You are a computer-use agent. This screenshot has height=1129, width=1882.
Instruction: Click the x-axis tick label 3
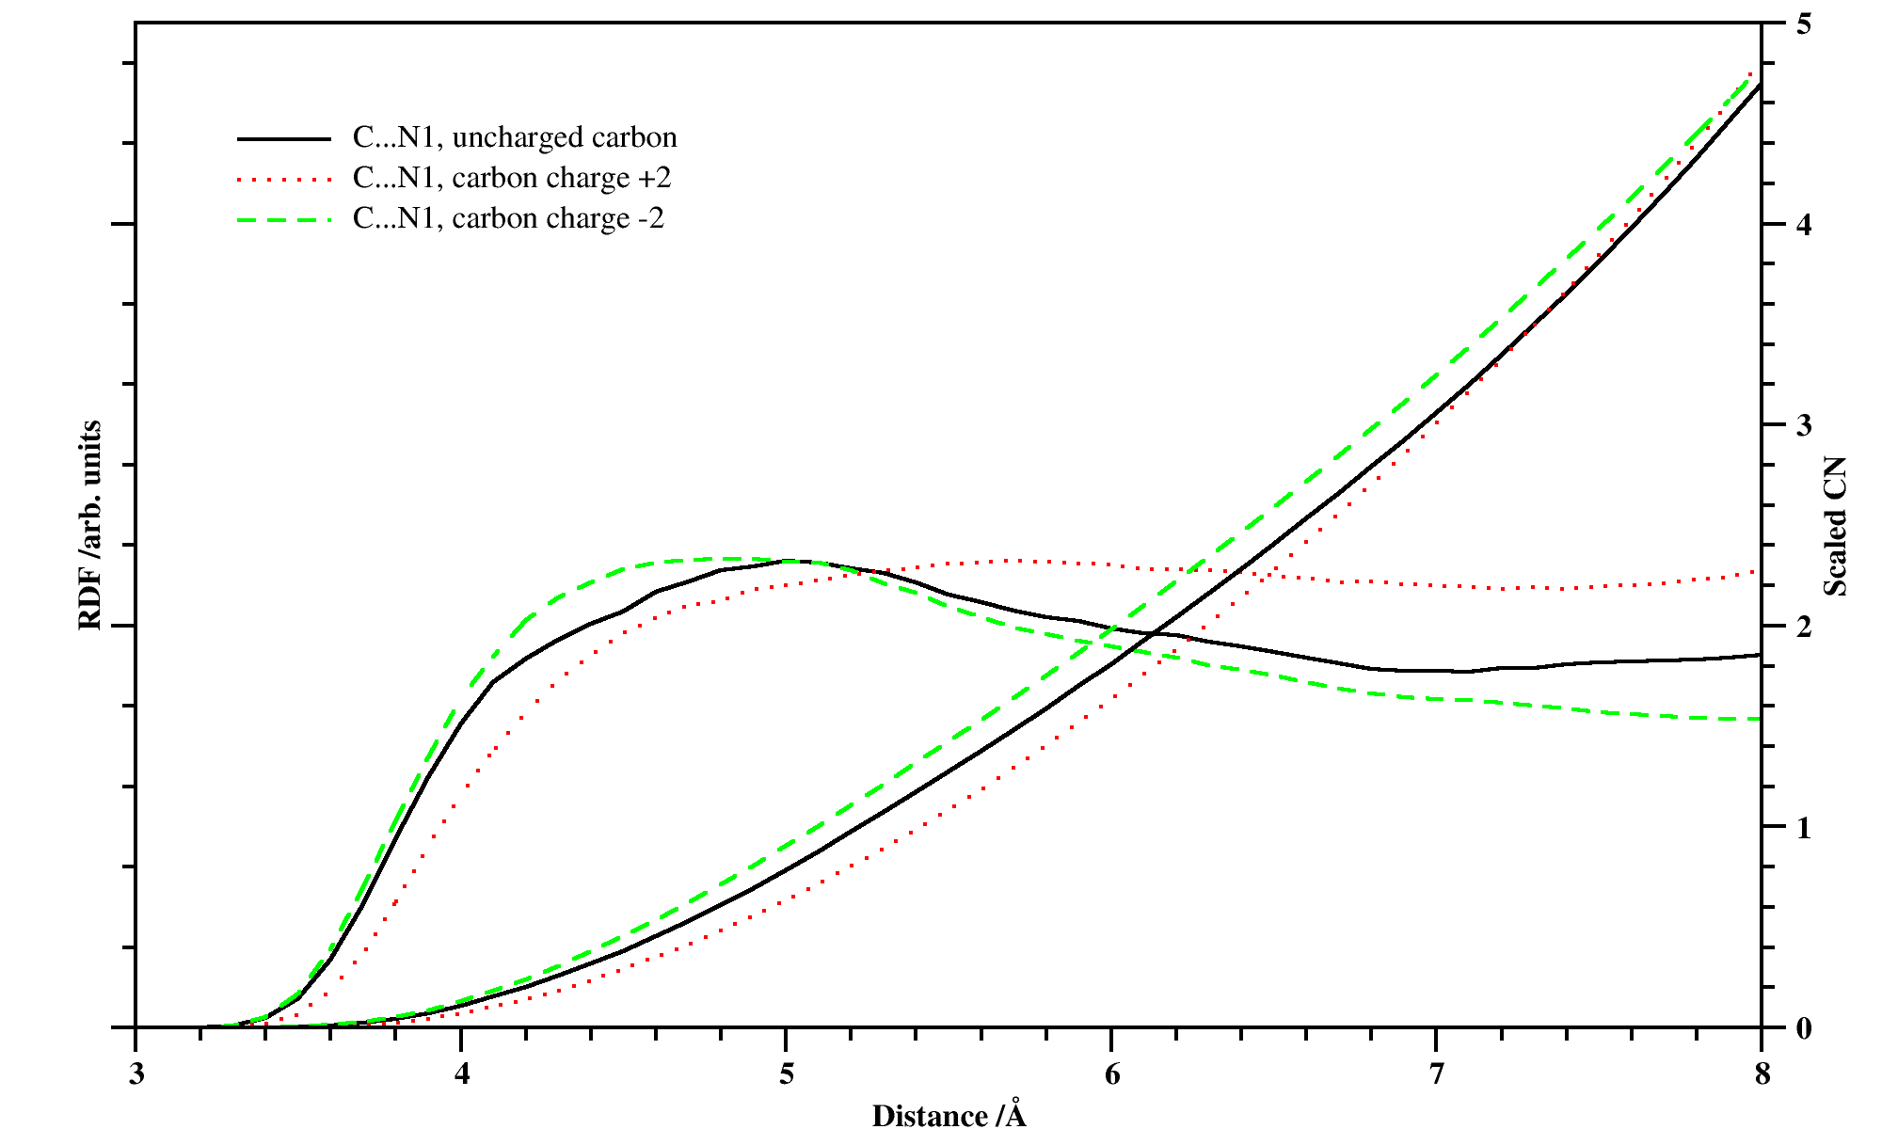tap(136, 1074)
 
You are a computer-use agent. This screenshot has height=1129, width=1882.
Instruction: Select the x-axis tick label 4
tap(461, 1074)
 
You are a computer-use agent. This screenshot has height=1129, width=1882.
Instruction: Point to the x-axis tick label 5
tap(787, 1074)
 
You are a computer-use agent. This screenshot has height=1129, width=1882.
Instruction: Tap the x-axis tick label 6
tap(1112, 1074)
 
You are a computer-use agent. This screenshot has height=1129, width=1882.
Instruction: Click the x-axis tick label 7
tap(1437, 1074)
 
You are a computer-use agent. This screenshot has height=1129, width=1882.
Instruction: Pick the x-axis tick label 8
tap(1762, 1074)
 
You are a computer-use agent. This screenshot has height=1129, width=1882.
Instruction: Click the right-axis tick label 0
tap(1803, 1028)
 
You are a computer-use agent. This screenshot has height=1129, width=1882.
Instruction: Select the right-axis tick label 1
tap(1803, 828)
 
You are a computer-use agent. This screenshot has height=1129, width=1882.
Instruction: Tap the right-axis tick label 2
tap(1803, 627)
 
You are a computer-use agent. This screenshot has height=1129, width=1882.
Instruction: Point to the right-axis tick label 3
tap(1803, 425)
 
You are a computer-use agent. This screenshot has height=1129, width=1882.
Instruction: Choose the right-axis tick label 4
tap(1803, 225)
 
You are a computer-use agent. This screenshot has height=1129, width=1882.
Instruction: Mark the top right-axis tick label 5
tap(1803, 24)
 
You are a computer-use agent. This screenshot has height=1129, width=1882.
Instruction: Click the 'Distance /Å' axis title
tap(949, 1115)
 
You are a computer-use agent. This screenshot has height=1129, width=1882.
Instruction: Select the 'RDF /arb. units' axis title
tap(89, 525)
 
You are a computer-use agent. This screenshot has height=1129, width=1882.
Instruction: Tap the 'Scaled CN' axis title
tap(1836, 527)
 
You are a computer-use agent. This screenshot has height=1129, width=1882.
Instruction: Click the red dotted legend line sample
tap(284, 179)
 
